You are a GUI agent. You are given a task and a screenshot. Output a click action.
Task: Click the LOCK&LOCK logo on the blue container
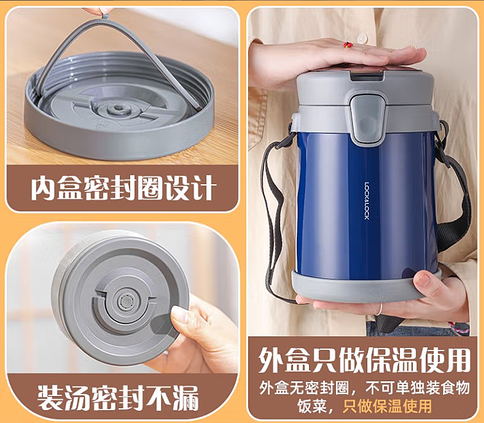[367, 200]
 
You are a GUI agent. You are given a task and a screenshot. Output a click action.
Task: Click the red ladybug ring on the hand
[348, 46]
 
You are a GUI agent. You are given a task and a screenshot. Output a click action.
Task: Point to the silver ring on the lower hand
[380, 308]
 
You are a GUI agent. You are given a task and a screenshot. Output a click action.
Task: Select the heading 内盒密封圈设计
[122, 188]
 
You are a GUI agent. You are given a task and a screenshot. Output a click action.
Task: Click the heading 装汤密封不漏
[118, 398]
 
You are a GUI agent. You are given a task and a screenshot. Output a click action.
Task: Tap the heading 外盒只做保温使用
[364, 360]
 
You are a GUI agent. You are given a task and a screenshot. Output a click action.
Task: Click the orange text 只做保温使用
[387, 406]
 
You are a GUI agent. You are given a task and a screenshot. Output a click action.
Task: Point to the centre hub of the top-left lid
[118, 108]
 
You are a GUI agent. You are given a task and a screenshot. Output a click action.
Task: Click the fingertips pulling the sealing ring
[98, 12]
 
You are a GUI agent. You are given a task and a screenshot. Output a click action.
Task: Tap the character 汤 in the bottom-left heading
[78, 398]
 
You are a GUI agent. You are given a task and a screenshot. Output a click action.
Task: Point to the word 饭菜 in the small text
[312, 406]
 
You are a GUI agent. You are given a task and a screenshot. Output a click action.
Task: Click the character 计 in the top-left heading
[201, 188]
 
